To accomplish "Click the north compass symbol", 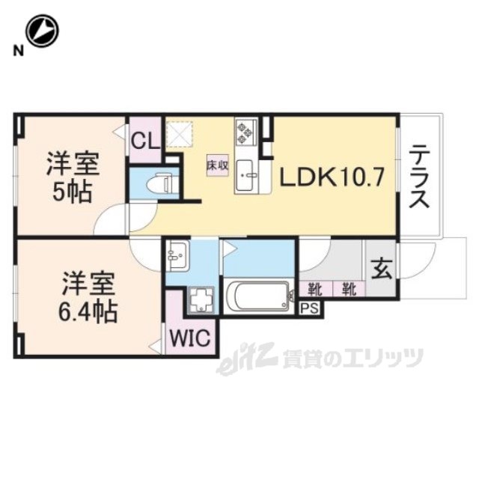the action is point(42,31).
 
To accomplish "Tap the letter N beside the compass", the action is point(19,51).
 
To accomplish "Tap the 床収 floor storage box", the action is point(218,165).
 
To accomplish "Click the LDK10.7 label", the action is point(332,178).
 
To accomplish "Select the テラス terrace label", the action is point(419,177).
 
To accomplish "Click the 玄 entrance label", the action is point(382,269).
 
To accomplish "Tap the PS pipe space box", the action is point(310,308).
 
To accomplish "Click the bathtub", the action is point(259,296).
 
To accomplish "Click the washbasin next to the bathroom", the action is point(177,255).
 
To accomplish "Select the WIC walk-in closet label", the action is point(190,338).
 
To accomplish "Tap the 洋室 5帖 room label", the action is point(73,178).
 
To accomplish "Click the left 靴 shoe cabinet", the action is point(315,289).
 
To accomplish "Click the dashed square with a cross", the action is point(180,135).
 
